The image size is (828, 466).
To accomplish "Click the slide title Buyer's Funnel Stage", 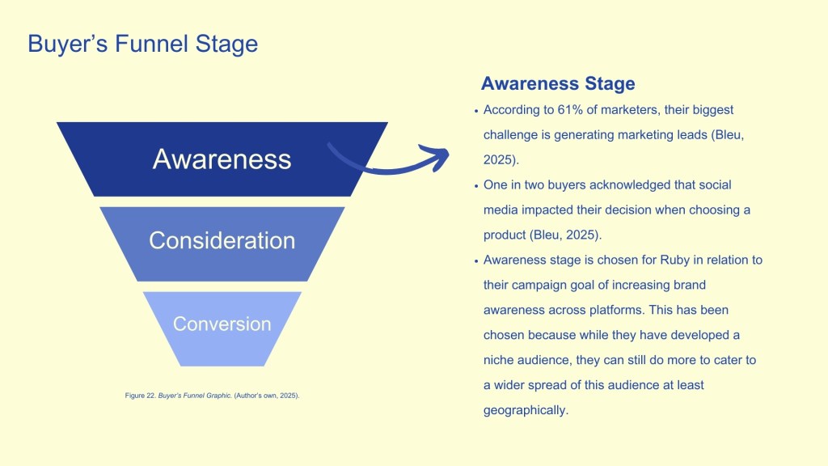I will click(142, 43).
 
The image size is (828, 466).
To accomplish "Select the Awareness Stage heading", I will click(558, 83).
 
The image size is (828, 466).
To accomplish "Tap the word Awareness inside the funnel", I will click(222, 159).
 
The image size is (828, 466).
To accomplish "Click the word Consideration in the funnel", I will click(222, 240).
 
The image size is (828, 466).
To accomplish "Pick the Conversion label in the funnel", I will click(222, 324).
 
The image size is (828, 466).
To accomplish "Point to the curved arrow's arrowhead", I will click(437, 155).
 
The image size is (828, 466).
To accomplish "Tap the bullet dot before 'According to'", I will click(475, 111).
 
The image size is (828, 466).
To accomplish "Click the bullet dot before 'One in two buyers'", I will click(475, 185).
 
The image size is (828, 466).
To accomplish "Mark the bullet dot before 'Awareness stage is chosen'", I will click(475, 261).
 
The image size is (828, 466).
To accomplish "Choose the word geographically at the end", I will click(526, 409).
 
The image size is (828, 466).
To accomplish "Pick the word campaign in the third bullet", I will click(539, 285).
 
